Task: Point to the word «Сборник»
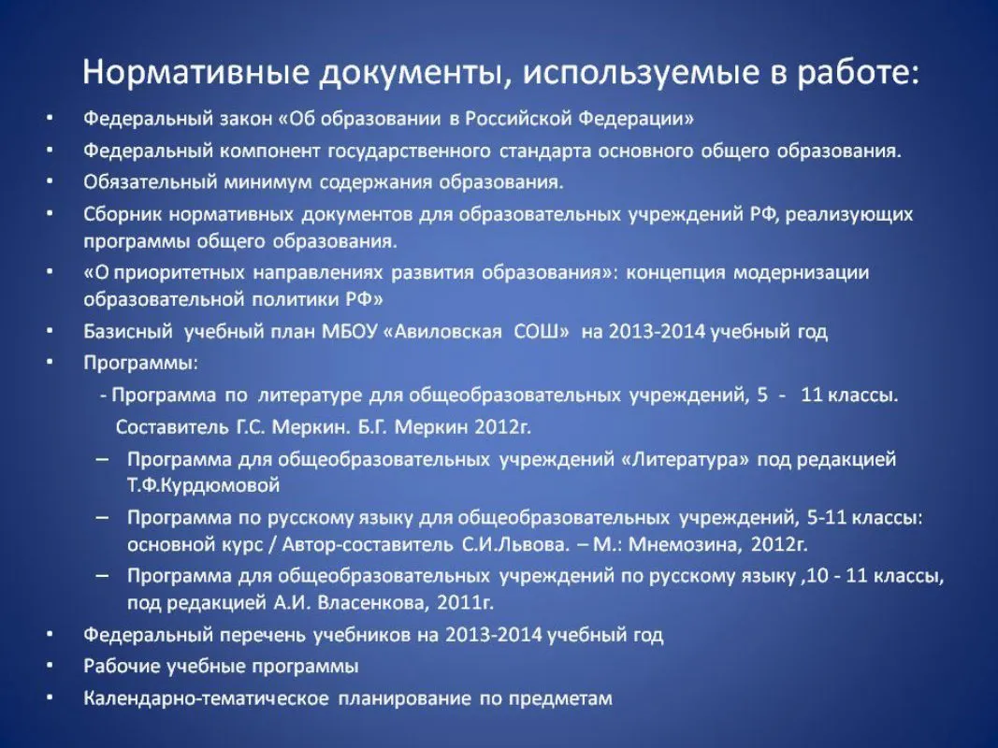pos(123,214)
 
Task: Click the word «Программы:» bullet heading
pos(140,364)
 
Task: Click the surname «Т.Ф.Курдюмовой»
pos(204,486)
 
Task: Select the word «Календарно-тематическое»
pos(206,699)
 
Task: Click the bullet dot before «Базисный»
pos(50,331)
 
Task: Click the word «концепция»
pos(676,274)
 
